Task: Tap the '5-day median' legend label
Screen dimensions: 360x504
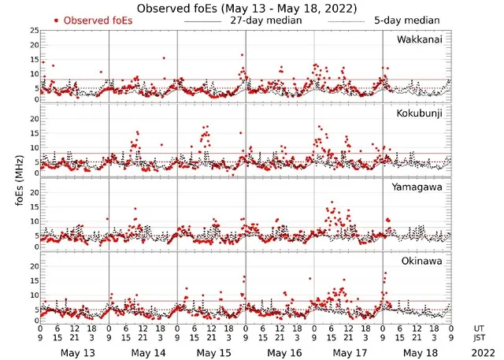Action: pyautogui.click(x=408, y=20)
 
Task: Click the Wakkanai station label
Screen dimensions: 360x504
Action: pyautogui.click(x=420, y=39)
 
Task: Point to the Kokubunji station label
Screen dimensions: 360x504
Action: pyautogui.click(x=420, y=113)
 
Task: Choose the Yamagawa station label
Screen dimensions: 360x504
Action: pyautogui.click(x=420, y=187)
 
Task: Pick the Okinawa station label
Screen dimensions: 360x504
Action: pyautogui.click(x=422, y=260)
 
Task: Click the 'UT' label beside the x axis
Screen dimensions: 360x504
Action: pyautogui.click(x=479, y=328)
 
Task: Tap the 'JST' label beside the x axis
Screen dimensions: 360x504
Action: pyautogui.click(x=480, y=338)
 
